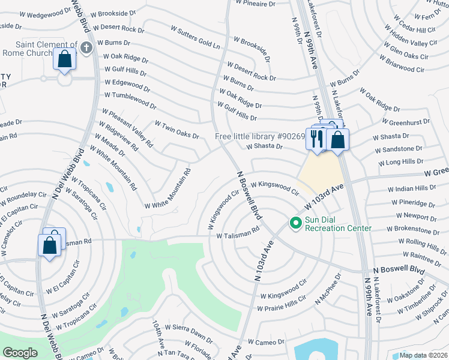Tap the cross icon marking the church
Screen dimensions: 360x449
86,47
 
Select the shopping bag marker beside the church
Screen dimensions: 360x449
64,61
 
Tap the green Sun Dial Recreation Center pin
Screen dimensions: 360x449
295,223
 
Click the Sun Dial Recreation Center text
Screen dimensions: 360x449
338,224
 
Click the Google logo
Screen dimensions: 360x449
20,353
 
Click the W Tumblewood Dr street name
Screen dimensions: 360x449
130,100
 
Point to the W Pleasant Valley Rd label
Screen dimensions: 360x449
127,128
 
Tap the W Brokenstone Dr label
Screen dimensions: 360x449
417,230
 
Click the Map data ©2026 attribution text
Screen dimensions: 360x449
423,355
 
